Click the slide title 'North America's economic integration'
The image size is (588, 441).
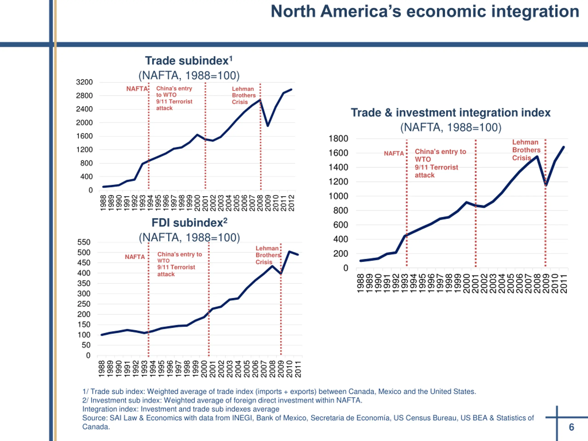tap(424, 12)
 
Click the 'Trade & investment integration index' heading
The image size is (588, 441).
tap(451, 113)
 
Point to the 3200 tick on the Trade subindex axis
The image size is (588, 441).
tap(84, 82)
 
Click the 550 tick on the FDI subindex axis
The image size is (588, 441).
tap(84, 242)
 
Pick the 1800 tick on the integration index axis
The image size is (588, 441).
tap(338, 139)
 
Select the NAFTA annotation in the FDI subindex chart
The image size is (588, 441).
tap(135, 257)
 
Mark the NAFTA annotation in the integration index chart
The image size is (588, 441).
tap(394, 153)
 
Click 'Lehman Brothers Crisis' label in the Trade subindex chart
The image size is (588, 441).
tap(243, 95)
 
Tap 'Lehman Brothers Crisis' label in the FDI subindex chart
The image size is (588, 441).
tap(267, 255)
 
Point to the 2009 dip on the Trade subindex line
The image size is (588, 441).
tap(268, 125)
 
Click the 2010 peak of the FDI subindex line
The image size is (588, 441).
tap(289, 252)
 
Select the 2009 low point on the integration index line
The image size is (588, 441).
tap(546, 185)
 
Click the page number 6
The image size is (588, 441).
tap(571, 427)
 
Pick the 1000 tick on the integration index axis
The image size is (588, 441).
tap(338, 196)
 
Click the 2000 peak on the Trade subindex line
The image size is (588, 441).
tap(197, 135)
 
